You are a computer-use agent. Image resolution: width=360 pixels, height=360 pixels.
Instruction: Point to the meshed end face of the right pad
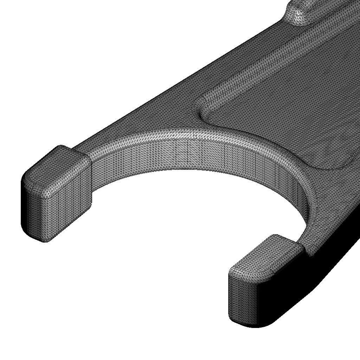(x=243, y=299)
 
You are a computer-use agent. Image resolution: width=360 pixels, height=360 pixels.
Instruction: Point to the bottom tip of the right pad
(x=253, y=325)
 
